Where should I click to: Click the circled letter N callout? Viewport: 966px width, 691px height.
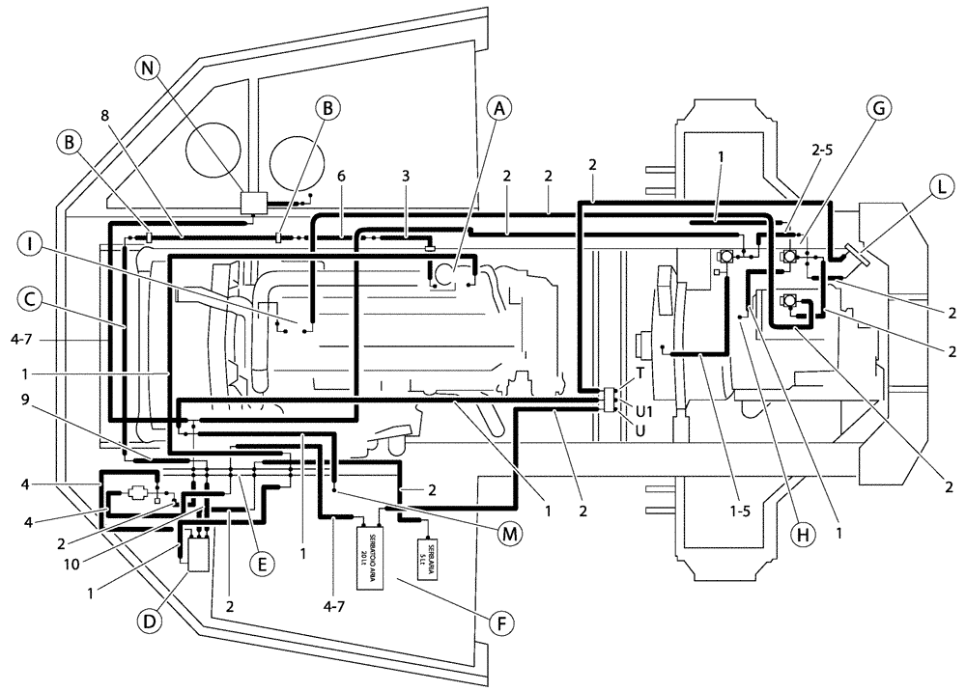coord(147,69)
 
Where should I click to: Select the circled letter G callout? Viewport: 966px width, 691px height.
coord(878,108)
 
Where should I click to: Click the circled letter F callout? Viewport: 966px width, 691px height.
coord(499,622)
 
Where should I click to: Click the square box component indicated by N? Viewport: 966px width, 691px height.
coord(256,203)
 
